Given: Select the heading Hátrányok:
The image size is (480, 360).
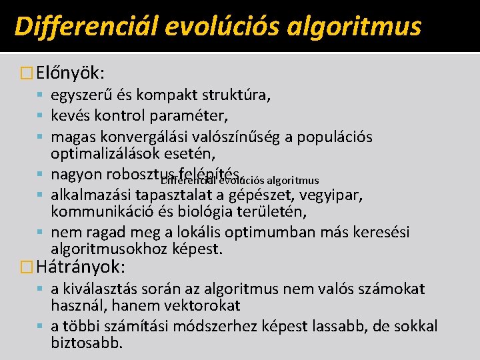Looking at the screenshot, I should [81, 267].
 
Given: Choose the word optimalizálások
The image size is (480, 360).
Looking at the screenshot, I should [111, 154].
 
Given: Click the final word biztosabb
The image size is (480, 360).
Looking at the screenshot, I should [87, 343].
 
